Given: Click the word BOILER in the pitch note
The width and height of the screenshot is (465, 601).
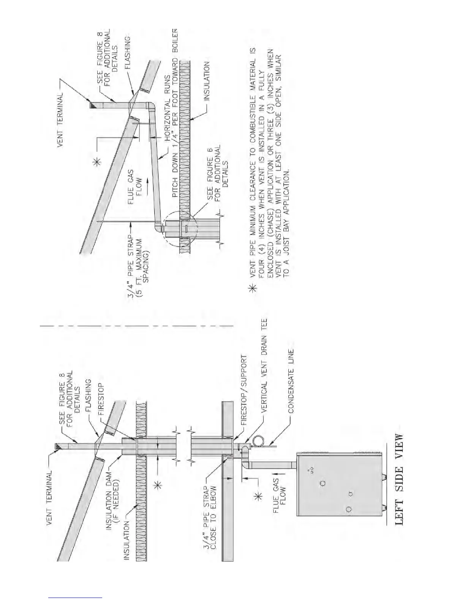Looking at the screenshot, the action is [175, 44].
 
